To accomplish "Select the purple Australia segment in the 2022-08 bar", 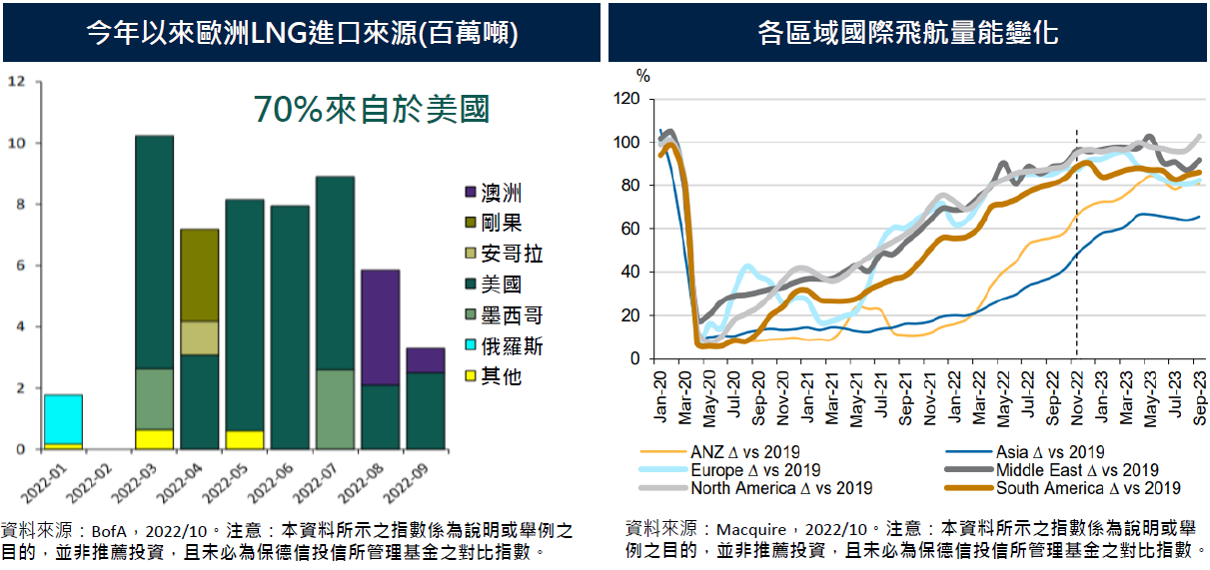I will point(380,327).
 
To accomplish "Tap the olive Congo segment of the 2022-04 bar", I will point(199,275).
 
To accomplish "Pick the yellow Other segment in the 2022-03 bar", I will point(154,439).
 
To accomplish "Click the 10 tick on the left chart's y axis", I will point(15,143).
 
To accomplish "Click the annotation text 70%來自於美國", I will point(371,109).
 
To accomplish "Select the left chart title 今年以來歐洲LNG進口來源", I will point(301,33).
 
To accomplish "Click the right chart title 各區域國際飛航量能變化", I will point(908,33).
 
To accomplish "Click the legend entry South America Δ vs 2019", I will point(1088,488).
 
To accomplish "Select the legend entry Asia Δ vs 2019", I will point(1049,452).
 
